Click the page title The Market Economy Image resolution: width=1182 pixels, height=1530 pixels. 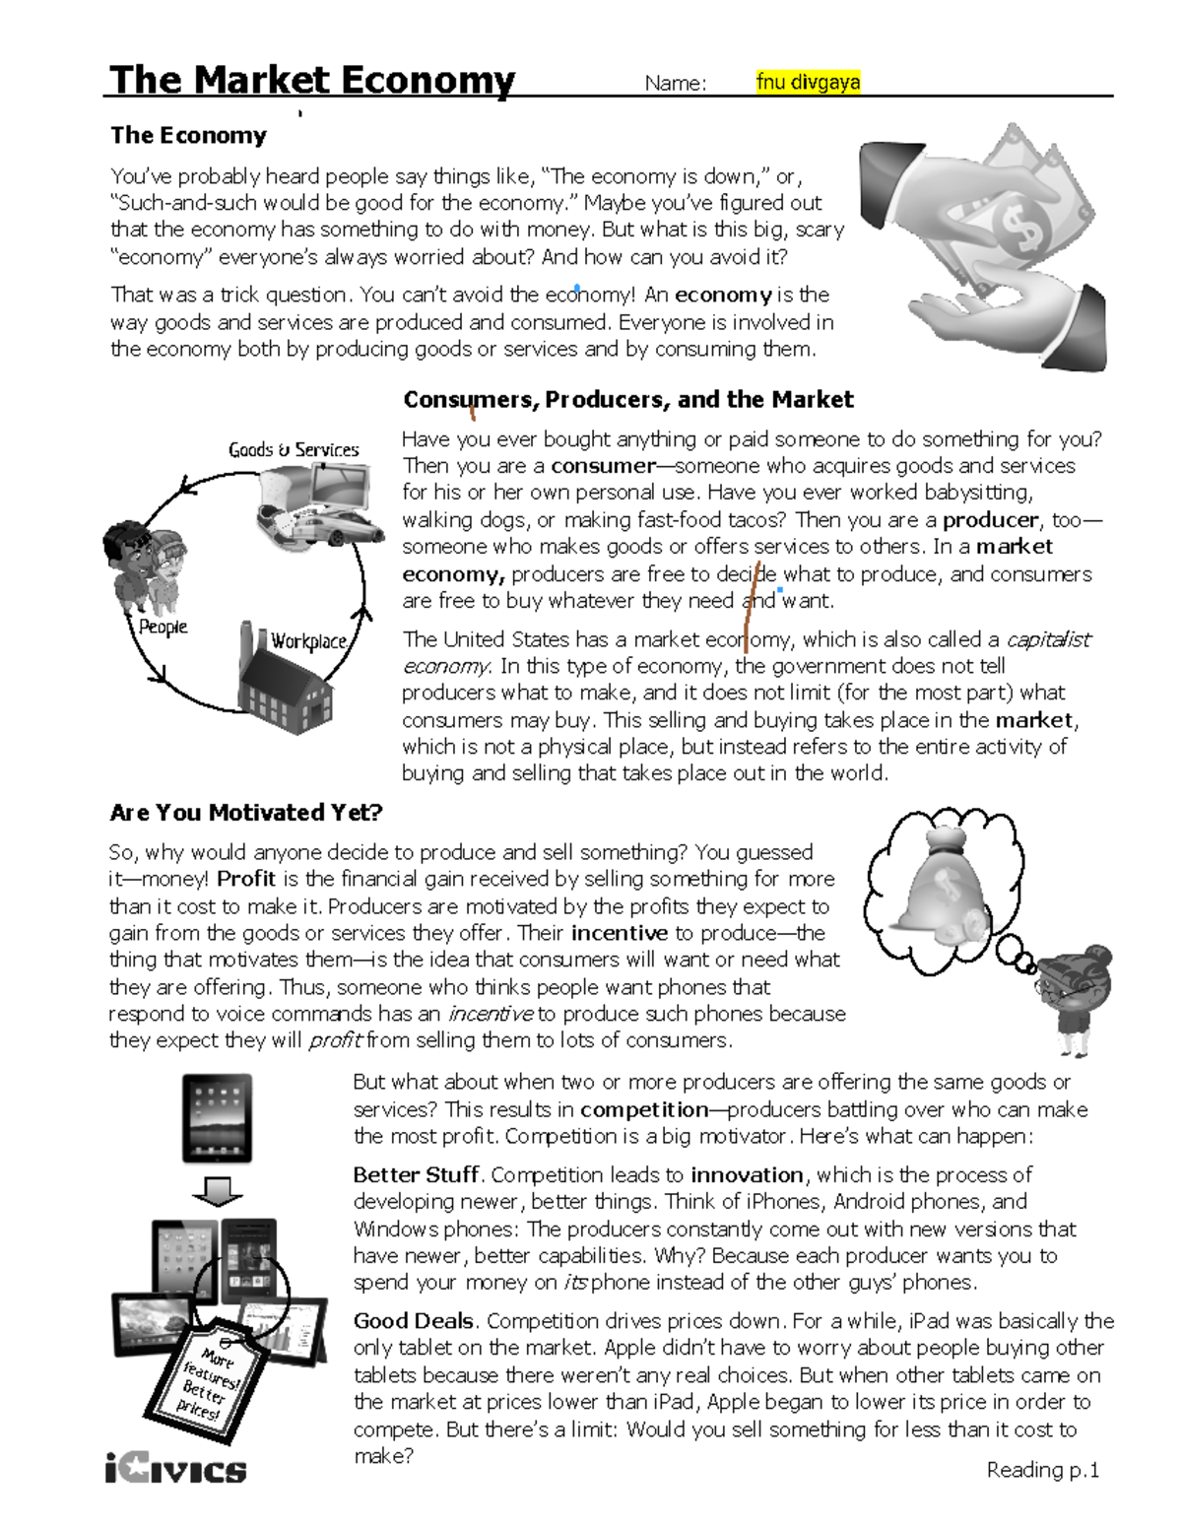tap(312, 80)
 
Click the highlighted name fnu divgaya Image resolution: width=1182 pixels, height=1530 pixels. tap(808, 83)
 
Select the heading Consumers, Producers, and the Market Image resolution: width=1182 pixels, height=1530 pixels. tap(627, 400)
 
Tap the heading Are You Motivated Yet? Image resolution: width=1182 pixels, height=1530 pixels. tap(245, 813)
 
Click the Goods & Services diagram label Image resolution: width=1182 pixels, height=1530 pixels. tap(294, 450)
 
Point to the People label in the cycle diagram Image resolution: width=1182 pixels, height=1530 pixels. tap(163, 628)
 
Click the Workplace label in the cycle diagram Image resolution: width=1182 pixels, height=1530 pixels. tap(308, 641)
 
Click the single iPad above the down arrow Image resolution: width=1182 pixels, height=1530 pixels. tap(217, 1118)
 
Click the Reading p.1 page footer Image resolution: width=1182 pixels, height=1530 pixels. tap(1042, 1470)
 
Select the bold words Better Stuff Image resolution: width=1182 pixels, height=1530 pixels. tap(416, 1175)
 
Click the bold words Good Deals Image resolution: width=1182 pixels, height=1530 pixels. tap(414, 1321)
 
